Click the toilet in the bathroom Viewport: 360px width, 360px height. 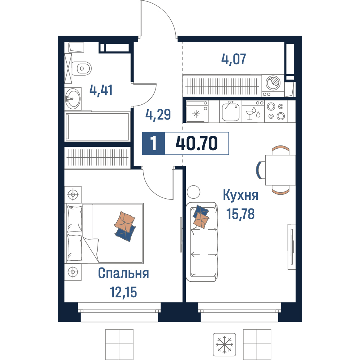pos(81,68)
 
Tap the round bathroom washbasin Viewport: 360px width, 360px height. pos(73,99)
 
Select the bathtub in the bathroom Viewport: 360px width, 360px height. pos(97,126)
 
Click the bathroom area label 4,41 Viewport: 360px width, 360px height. pos(101,90)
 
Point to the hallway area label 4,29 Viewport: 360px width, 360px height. pos(158,114)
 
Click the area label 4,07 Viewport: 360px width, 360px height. pos(234,59)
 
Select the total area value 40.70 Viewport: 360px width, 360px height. pos(196,143)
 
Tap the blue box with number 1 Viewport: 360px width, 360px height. pos(153,143)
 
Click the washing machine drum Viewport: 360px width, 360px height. pos(273,83)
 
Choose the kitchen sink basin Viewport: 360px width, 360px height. pos(231,112)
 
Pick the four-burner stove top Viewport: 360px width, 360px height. pos(276,111)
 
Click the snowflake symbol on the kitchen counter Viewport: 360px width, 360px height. pos(196,114)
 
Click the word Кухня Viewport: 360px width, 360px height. pos(240,195)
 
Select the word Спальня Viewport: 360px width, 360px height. pos(123,273)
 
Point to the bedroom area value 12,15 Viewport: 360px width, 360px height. pos(123,292)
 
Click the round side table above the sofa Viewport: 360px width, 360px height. pos(194,192)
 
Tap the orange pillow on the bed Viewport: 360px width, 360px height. pos(125,221)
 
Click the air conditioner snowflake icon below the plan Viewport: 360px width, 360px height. pos(224,345)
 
